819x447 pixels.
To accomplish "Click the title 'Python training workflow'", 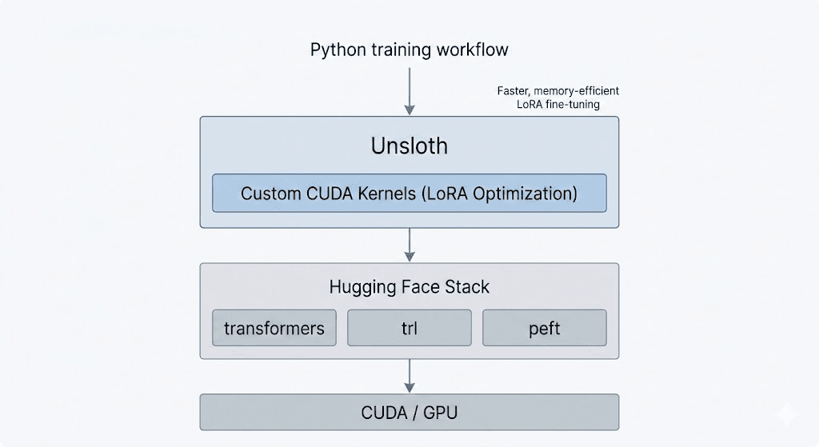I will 409,50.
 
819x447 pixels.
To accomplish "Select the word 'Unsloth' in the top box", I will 409,146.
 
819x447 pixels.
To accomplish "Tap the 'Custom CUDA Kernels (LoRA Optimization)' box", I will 409,194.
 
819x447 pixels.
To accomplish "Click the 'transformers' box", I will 274,329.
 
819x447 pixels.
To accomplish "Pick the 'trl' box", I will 409,329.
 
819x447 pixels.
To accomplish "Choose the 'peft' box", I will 544,329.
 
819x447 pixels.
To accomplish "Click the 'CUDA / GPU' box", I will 409,413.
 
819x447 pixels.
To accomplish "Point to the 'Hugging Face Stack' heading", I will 409,286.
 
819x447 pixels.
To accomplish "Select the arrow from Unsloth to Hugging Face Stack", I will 409,245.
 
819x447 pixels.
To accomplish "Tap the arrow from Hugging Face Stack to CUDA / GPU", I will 409,375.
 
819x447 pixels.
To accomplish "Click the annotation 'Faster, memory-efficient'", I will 557,90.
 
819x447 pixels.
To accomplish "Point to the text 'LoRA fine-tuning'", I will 557,105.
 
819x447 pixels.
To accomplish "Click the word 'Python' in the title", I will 338,50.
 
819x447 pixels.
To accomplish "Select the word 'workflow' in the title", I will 472,50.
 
